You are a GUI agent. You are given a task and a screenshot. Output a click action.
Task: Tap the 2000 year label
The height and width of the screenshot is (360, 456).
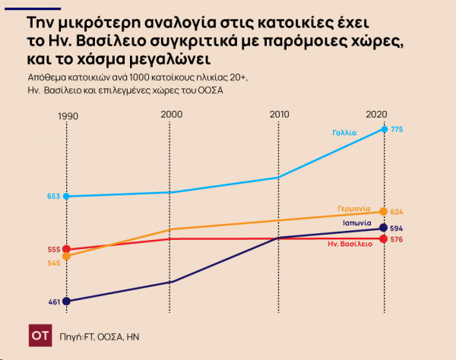click(x=172, y=114)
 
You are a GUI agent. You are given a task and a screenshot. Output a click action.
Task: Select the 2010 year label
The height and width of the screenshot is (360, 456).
click(x=280, y=114)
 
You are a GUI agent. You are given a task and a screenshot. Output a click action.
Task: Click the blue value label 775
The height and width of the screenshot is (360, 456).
click(x=397, y=130)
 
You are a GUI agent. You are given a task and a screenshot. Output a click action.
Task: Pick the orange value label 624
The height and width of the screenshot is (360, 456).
click(x=397, y=212)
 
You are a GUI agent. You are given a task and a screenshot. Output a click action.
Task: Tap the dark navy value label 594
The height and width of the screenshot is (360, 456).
click(x=397, y=228)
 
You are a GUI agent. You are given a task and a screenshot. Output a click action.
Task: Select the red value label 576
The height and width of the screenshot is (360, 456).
click(x=397, y=239)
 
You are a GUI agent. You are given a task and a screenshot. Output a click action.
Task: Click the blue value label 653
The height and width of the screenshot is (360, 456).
click(x=53, y=196)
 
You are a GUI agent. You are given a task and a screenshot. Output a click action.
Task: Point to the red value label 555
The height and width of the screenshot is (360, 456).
click(x=53, y=249)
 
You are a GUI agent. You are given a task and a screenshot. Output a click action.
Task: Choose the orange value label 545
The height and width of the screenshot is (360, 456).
click(x=53, y=263)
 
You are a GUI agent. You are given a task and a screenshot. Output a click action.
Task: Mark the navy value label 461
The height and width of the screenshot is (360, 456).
click(x=53, y=302)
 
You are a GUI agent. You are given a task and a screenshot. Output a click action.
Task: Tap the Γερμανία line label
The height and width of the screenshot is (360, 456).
click(x=353, y=208)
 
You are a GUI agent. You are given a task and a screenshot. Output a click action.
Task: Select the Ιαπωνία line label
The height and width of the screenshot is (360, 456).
click(x=356, y=223)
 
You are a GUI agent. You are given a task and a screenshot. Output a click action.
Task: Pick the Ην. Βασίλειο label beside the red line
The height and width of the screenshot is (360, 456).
click(x=349, y=245)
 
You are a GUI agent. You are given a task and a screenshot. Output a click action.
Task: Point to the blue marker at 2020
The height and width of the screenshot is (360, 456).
click(x=384, y=130)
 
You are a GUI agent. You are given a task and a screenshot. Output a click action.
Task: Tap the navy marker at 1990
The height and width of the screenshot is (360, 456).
click(x=67, y=301)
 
